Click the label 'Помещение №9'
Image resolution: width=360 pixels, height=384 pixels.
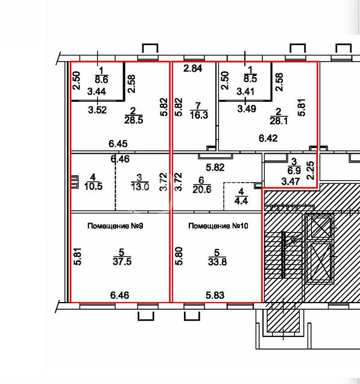click(115, 226)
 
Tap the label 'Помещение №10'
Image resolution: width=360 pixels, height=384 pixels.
click(218, 226)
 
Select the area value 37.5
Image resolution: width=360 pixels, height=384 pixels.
click(122, 262)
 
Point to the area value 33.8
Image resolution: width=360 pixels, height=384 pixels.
click(217, 262)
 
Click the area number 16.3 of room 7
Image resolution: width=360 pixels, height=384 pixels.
click(199, 115)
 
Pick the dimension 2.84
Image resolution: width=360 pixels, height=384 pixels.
click(193, 68)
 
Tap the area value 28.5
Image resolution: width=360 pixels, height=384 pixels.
click(133, 120)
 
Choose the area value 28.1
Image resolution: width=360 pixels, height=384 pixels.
click(279, 121)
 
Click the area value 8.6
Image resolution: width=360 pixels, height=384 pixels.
click(101, 80)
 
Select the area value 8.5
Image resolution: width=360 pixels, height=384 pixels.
click(250, 78)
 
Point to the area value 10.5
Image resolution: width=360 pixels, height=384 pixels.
click(93, 186)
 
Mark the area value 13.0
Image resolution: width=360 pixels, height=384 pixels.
click(140, 187)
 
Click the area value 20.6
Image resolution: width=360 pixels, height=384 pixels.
click(202, 189)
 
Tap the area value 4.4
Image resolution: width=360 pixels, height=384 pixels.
click(241, 201)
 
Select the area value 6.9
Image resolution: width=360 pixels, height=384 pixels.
click(294, 171)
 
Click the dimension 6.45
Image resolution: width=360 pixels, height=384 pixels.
click(118, 143)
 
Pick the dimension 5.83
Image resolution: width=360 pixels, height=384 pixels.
click(215, 295)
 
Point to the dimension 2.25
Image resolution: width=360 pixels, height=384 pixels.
click(311, 171)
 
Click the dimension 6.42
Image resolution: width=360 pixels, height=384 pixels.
click(268, 139)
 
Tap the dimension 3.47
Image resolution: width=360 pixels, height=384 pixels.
click(291, 181)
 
